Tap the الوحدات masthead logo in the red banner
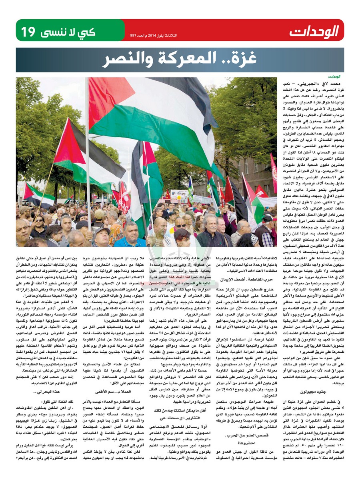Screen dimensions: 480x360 click(314, 31)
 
